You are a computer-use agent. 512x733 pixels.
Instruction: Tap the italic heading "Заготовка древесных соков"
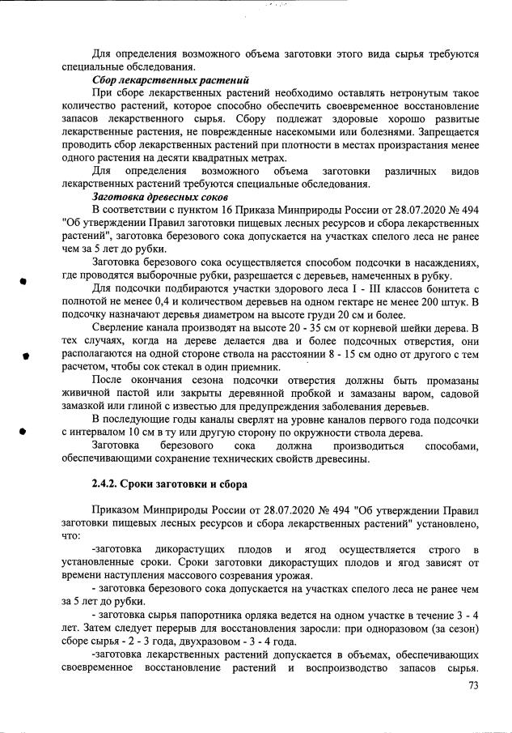point(161,198)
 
